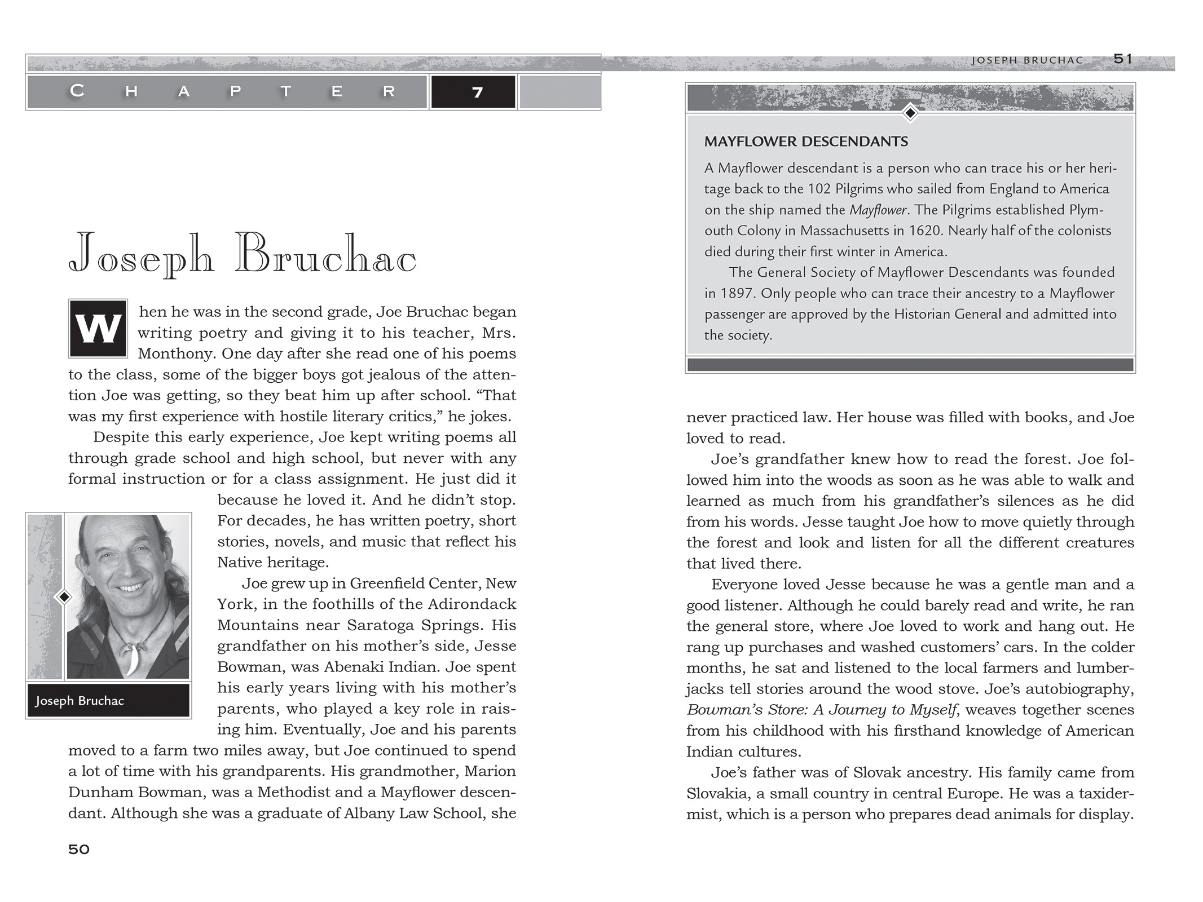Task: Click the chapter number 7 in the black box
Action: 477,92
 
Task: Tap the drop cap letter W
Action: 98,329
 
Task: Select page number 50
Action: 79,849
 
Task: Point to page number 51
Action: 1123,59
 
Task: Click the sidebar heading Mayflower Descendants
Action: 806,142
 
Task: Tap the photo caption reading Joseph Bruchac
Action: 80,701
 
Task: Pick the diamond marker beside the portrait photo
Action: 64,596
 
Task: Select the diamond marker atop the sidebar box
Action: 910,113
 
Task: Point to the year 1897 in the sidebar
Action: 737,293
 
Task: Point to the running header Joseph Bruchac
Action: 1027,60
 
